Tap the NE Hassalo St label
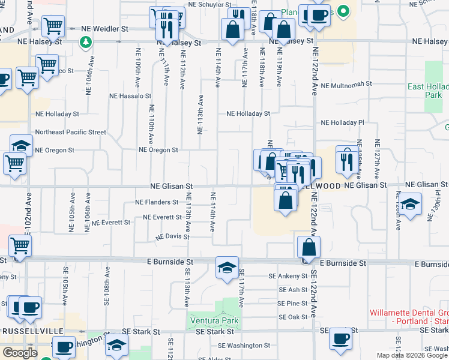[130, 95]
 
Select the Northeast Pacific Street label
[71, 132]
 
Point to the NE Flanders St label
[157, 202]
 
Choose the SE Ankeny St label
[288, 276]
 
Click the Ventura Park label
[214, 320]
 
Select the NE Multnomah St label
[347, 85]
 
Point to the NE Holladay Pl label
[343, 122]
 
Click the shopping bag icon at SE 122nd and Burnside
[309, 247]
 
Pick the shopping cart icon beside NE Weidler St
[53, 26]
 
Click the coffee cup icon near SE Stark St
[340, 338]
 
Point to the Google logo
[20, 353]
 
